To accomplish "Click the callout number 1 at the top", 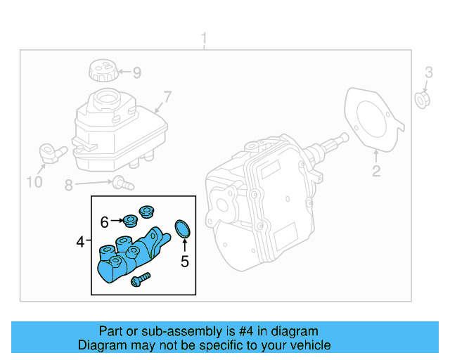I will [204, 37].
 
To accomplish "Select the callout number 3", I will [428, 72].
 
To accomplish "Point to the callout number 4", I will [80, 243].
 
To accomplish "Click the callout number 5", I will [185, 262].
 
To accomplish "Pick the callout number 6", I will [104, 222].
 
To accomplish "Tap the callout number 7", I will [167, 97].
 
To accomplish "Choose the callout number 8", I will [69, 186].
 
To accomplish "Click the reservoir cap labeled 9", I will [101, 72].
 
